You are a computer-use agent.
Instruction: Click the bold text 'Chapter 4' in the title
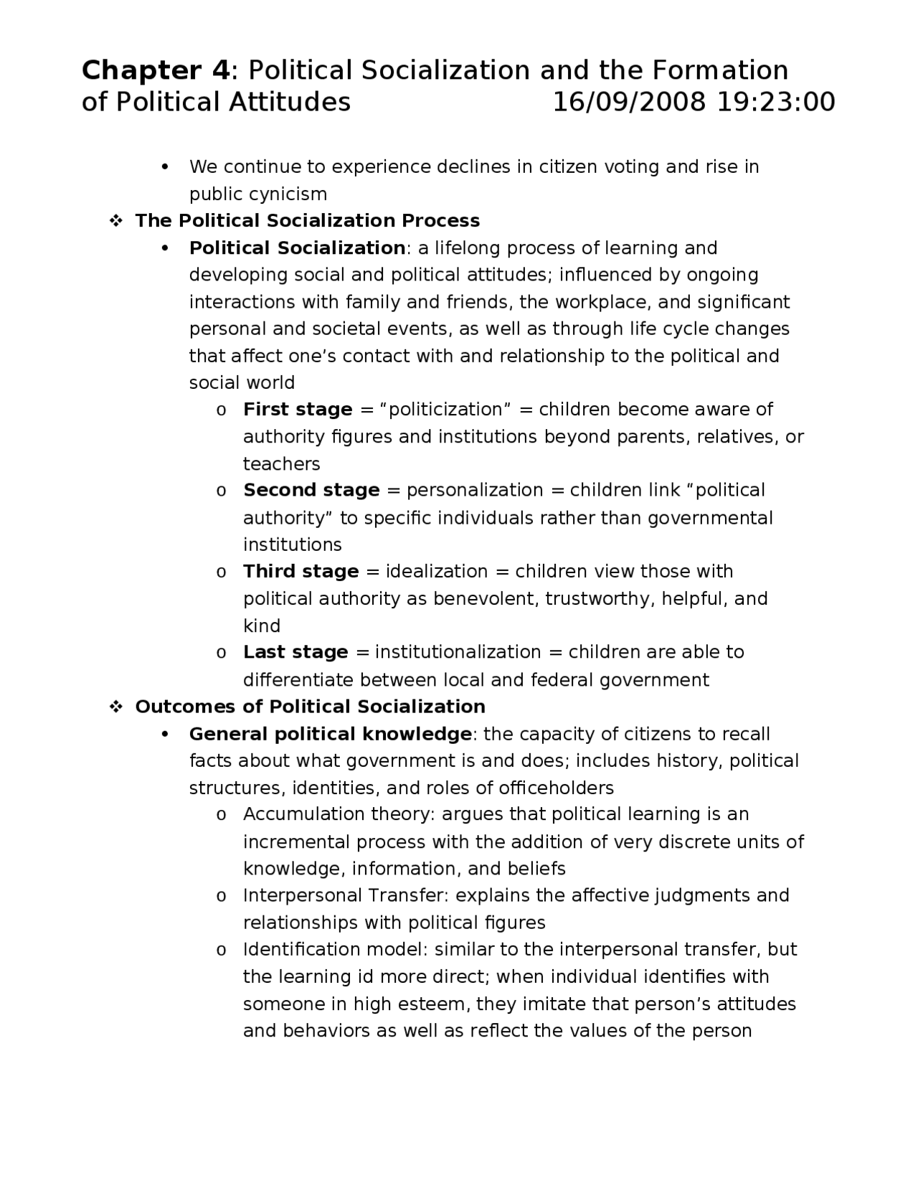(x=156, y=71)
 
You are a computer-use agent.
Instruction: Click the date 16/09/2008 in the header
(x=629, y=102)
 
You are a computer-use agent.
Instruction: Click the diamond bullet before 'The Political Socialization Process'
(x=115, y=221)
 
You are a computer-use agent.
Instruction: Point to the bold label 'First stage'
(x=298, y=410)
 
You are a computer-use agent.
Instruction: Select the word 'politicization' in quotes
(x=445, y=410)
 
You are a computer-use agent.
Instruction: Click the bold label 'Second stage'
(x=311, y=491)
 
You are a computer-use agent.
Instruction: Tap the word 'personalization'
(x=475, y=491)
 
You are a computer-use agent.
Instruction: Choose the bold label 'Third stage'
(x=301, y=572)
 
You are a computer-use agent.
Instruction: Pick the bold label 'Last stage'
(x=295, y=653)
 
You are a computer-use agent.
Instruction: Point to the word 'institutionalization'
(x=458, y=653)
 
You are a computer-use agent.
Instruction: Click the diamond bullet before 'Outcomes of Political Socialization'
(x=115, y=707)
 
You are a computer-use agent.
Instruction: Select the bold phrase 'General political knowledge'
(x=330, y=735)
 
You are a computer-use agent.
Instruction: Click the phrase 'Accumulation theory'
(x=339, y=815)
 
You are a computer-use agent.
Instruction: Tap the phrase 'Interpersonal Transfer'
(x=345, y=896)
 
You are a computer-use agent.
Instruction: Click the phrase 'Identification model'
(x=335, y=950)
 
